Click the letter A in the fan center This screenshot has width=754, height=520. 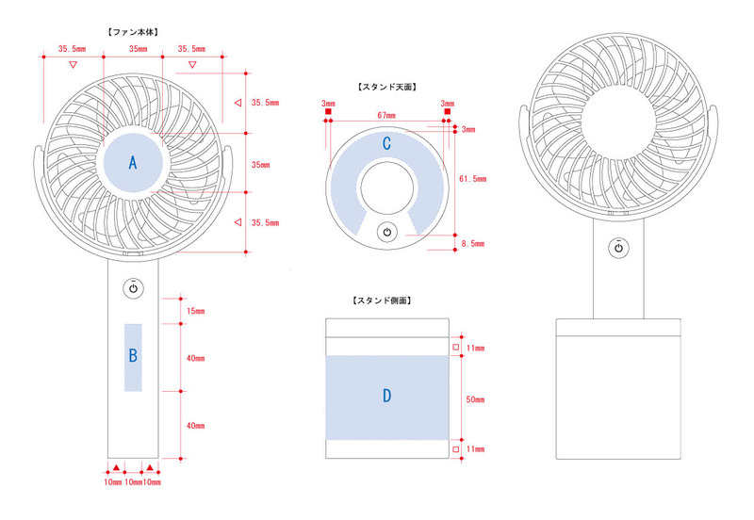133,163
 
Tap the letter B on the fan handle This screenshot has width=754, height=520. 133,355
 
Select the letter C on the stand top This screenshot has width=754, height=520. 386,143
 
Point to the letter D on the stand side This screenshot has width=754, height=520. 386,397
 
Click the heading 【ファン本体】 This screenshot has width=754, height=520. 133,32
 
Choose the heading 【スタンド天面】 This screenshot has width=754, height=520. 386,87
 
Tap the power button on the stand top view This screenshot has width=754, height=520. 386,233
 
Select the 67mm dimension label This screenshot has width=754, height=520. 385,115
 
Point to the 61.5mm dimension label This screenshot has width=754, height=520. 472,178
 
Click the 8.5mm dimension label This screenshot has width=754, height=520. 472,243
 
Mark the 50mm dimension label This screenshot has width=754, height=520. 475,398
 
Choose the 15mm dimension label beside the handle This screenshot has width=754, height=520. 195,310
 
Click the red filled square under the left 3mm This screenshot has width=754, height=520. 328,113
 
